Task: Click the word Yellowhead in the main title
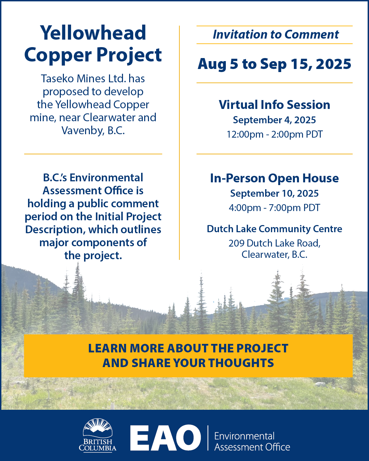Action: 93,33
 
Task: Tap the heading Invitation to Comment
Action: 276,34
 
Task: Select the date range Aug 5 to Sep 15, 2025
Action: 274,64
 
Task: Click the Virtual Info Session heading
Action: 274,105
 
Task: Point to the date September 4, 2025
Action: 274,120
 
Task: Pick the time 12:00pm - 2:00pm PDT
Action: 275,134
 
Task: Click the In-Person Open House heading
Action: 274,178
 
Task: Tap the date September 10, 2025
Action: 274,193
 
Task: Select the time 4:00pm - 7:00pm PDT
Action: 274,208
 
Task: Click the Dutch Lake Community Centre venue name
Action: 274,229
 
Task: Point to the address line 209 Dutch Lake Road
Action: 274,243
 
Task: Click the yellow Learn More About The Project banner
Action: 188,355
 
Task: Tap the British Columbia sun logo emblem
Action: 98,429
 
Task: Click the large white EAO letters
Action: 165,438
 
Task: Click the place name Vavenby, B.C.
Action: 93,130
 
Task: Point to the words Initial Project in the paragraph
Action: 128,216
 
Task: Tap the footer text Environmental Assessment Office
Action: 252,442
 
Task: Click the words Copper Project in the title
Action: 93,55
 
